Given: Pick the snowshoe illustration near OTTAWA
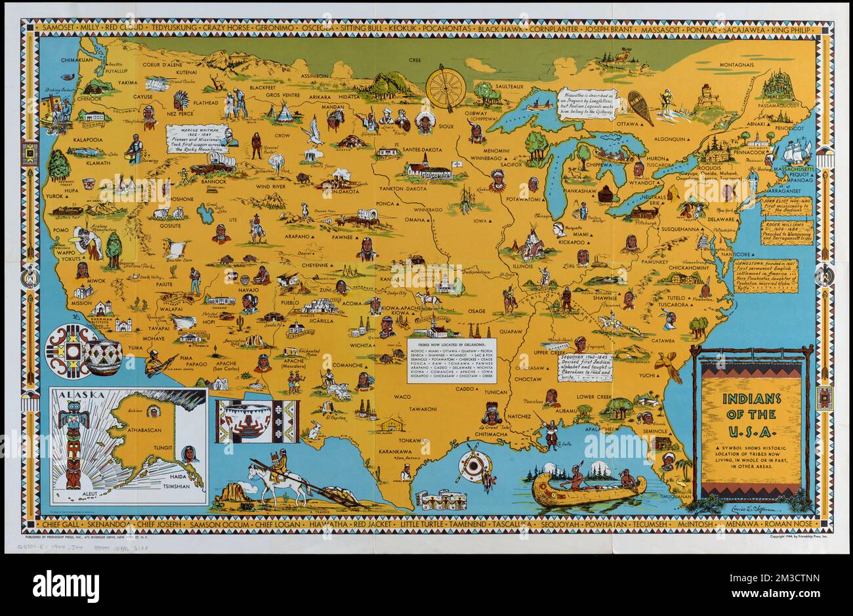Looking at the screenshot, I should (x=640, y=107).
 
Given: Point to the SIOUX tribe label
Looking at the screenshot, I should (x=446, y=125).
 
